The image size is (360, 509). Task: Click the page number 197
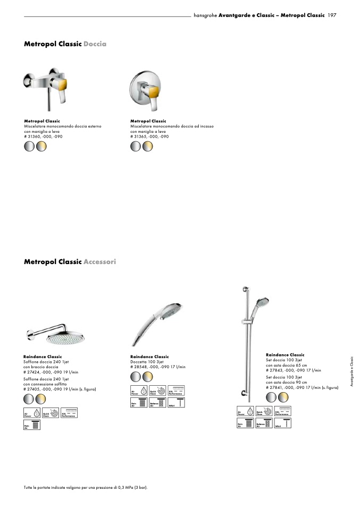(332, 16)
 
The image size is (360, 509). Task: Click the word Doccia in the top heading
(95, 44)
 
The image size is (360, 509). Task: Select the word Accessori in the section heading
(99, 262)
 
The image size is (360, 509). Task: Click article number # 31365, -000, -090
(149, 137)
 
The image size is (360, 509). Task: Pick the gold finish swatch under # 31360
(41, 146)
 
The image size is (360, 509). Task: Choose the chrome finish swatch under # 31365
(136, 146)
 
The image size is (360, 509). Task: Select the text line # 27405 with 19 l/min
(56, 389)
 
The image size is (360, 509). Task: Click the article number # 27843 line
(294, 370)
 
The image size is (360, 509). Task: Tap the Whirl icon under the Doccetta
(176, 403)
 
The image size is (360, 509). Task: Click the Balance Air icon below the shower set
(263, 424)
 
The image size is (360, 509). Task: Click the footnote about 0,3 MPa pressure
(86, 487)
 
